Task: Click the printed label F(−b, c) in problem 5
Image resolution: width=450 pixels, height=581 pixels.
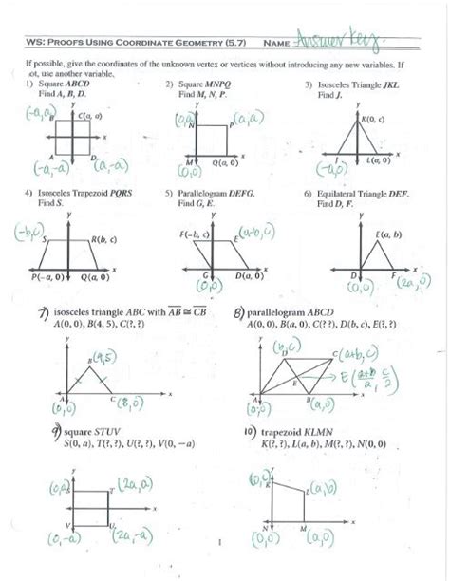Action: [x=195, y=234]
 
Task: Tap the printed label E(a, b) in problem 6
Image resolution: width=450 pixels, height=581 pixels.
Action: [x=390, y=234]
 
